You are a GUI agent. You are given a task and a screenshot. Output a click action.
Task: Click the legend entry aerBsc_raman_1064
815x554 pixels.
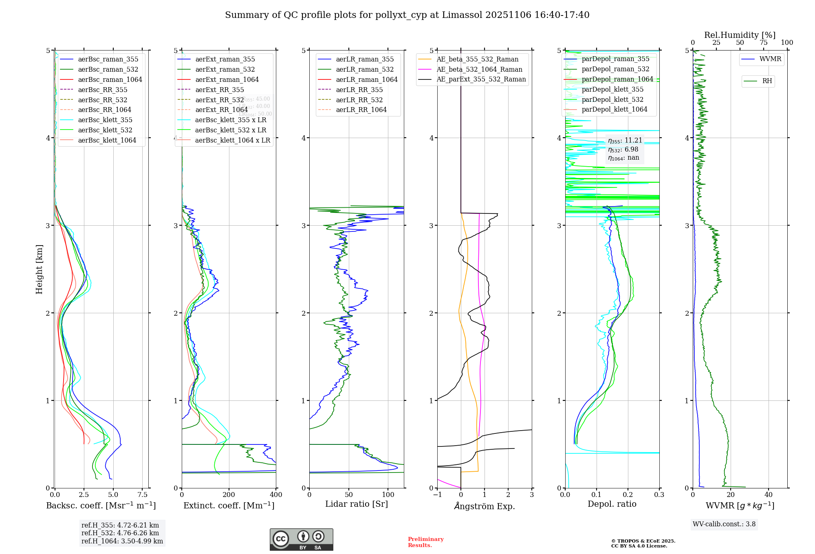tap(110, 79)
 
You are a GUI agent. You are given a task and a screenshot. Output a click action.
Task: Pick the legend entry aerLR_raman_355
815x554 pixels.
tap(365, 59)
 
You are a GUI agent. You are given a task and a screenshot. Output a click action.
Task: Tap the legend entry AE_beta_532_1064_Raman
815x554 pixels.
tap(479, 69)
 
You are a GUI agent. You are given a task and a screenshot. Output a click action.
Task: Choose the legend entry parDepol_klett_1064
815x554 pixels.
tap(614, 109)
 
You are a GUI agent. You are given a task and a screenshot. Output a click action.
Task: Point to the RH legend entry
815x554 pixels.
tap(767, 81)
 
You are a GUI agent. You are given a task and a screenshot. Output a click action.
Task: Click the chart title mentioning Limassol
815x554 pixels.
tap(407, 15)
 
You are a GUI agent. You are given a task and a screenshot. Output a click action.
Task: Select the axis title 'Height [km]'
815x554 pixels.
tap(39, 269)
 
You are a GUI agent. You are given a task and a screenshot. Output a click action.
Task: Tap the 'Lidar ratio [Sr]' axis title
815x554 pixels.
tap(357, 504)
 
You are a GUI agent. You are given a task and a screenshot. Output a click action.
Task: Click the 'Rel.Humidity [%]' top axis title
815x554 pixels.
tap(740, 35)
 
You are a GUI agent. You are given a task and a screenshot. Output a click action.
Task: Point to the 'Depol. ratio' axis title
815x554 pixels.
tap(612, 504)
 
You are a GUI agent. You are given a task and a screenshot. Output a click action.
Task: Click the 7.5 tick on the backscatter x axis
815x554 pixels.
tap(142, 495)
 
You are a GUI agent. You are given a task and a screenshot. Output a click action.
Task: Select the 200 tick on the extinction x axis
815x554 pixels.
tap(229, 495)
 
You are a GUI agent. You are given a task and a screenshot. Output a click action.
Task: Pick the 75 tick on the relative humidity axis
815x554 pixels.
tap(763, 43)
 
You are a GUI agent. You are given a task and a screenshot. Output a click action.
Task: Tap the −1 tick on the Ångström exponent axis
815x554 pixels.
tap(437, 495)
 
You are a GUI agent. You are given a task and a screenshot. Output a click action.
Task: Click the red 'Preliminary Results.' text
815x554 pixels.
tap(425, 542)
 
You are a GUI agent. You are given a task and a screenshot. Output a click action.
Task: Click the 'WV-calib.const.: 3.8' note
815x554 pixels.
tap(724, 524)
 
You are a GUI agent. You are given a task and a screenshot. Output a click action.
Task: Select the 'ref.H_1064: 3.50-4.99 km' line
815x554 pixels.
tap(122, 541)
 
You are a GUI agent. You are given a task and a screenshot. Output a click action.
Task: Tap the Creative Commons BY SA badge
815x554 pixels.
tap(301, 539)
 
